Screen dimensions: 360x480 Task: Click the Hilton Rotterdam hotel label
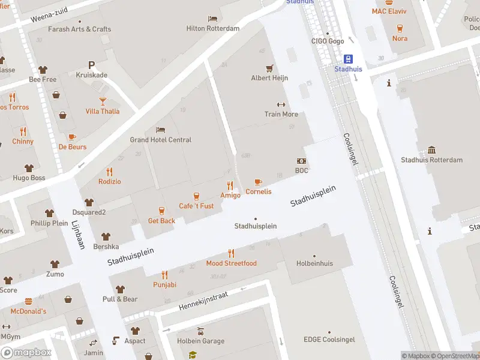[212, 28]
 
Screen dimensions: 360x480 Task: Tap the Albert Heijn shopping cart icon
[269, 68]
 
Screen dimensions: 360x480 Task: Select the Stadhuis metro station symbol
[348, 59]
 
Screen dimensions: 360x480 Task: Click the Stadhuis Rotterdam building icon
[431, 150]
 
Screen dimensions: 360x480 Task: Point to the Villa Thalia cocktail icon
[103, 101]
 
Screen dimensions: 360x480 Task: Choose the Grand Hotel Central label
[161, 140]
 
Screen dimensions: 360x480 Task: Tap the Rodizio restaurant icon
[109, 172]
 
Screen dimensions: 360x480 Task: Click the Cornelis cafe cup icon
[258, 182]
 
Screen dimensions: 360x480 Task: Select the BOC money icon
[301, 161]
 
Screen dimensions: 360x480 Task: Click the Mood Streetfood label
[231, 263]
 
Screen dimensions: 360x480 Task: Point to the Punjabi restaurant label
[164, 284]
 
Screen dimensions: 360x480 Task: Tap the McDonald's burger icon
[28, 301]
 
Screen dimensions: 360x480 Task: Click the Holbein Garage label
[200, 341]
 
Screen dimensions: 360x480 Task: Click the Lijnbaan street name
[79, 233]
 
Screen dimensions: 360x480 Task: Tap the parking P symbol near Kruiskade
[91, 65]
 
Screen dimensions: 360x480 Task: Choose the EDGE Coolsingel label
[329, 340]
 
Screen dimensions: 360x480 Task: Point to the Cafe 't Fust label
[196, 206]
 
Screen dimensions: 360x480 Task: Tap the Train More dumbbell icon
[281, 104]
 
